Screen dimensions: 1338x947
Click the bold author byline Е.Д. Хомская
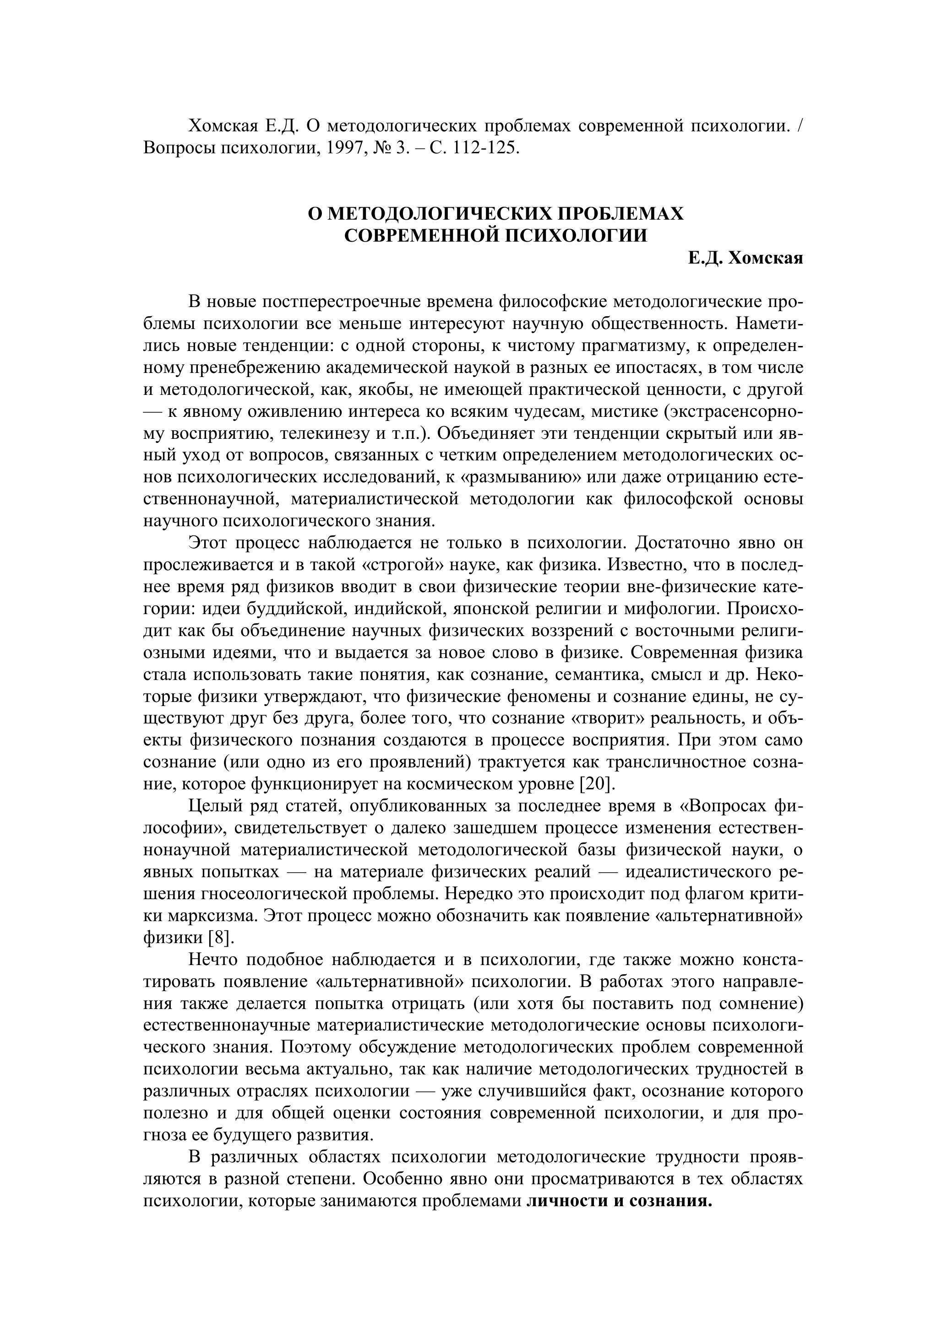745,258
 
